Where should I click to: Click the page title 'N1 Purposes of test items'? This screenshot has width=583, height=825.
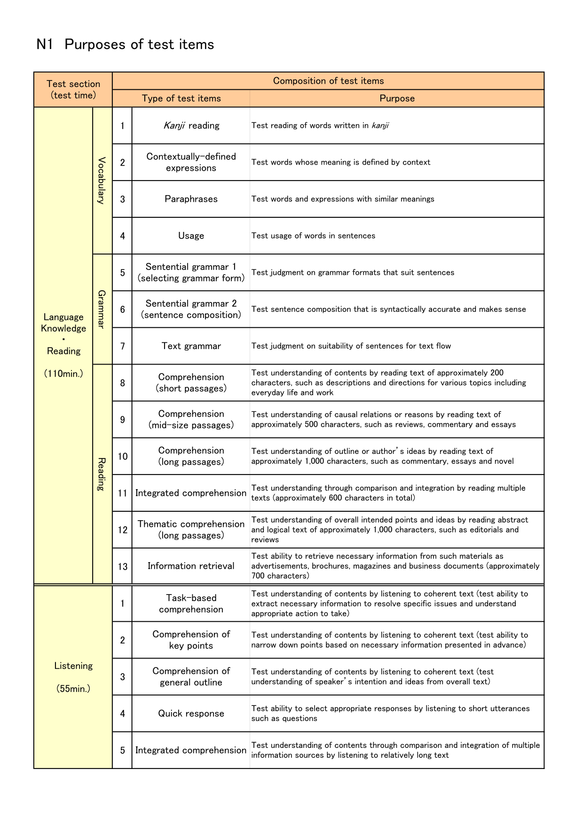click(x=125, y=44)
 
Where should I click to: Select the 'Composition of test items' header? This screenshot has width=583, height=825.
click(x=328, y=81)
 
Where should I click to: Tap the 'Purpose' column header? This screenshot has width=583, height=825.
click(x=397, y=98)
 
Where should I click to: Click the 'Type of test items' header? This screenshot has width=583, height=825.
click(x=181, y=98)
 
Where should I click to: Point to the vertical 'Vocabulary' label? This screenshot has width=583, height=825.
click(x=101, y=181)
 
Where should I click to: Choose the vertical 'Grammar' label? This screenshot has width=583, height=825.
click(x=101, y=309)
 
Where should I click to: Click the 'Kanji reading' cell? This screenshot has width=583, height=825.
click(x=191, y=126)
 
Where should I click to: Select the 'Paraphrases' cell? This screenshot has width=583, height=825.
click(x=191, y=199)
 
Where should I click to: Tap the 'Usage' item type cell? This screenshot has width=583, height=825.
click(x=191, y=236)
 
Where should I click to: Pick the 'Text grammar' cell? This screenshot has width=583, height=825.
click(x=191, y=346)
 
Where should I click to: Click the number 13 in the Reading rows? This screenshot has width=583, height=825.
click(x=122, y=566)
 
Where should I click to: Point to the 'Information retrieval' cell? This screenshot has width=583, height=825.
click(x=191, y=566)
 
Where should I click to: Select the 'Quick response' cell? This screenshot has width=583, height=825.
click(x=191, y=714)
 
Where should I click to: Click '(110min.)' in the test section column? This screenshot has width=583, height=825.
click(x=63, y=374)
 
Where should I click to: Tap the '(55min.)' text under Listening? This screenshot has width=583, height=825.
click(x=73, y=689)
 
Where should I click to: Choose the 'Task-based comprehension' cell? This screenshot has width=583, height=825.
click(x=191, y=603)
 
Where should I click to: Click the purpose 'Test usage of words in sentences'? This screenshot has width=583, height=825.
click(x=313, y=236)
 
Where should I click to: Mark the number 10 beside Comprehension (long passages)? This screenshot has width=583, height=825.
click(x=122, y=456)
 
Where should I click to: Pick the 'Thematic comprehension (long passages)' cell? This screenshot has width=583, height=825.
click(x=191, y=530)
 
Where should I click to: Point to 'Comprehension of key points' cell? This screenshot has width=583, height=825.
click(x=191, y=640)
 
